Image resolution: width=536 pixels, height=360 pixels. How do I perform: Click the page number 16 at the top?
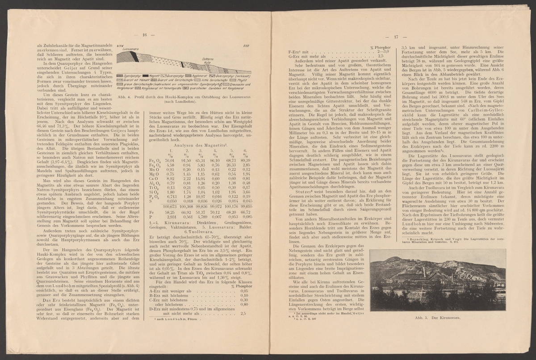[145, 35]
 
